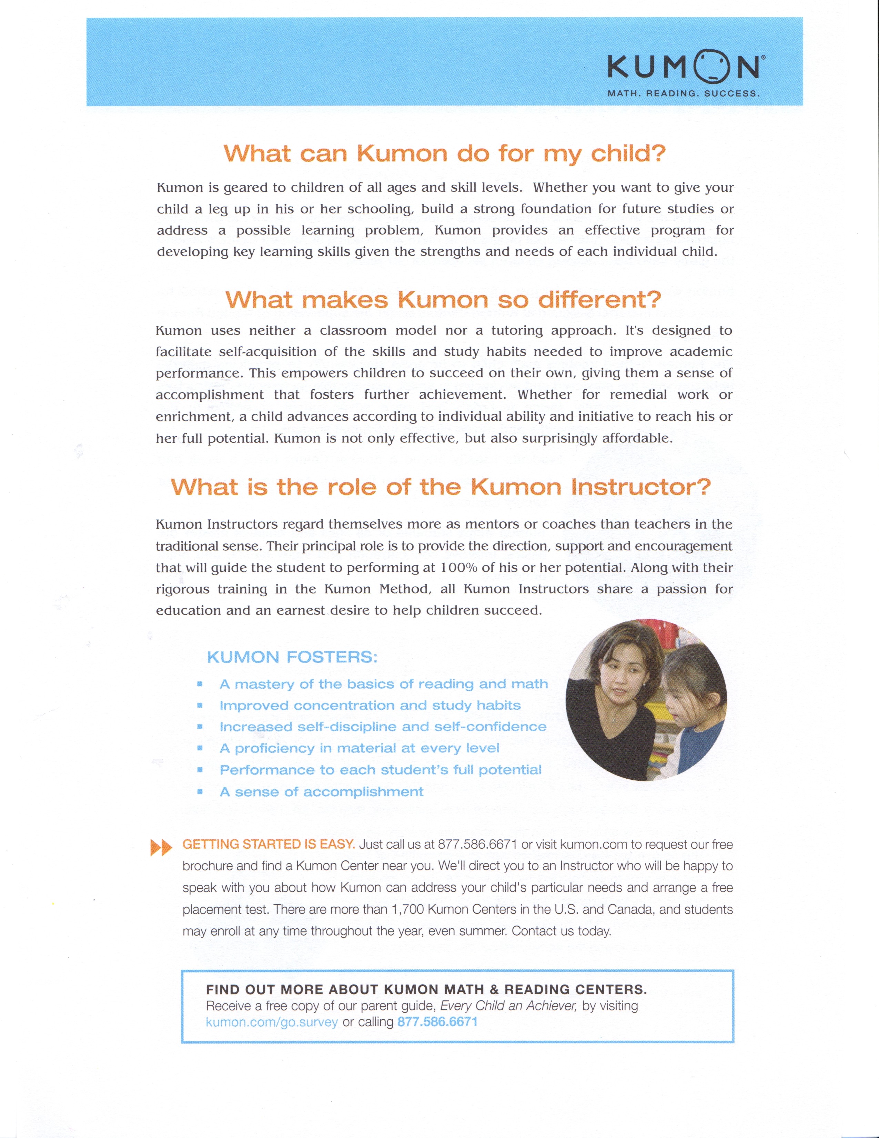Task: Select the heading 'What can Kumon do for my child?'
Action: coord(444,154)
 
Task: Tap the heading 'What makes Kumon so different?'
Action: coord(443,300)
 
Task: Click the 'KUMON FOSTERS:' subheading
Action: coord(292,657)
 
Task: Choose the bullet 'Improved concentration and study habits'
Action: coord(370,706)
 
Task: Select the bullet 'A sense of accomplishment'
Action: coord(321,792)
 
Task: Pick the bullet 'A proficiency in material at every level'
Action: coord(359,749)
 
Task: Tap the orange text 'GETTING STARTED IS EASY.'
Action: coord(269,844)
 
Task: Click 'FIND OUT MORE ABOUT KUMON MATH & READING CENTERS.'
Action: coord(426,989)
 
